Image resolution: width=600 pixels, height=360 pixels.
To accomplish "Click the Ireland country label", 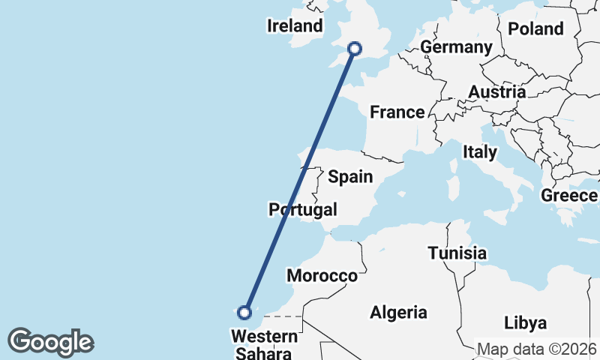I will (x=295, y=26).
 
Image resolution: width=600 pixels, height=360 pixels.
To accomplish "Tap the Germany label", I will (x=456, y=47).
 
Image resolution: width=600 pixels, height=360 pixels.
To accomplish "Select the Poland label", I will (x=535, y=29).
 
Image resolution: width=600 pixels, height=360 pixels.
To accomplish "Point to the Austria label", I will (x=496, y=92).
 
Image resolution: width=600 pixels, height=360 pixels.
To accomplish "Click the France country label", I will (x=397, y=112).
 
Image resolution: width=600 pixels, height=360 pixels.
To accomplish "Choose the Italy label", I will (x=480, y=152).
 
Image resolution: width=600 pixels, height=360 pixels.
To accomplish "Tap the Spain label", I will (x=350, y=177).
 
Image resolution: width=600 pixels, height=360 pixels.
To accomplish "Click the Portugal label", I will (x=303, y=210).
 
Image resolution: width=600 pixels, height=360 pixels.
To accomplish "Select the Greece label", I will (x=570, y=196).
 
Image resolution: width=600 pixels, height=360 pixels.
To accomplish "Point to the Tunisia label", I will (x=457, y=253).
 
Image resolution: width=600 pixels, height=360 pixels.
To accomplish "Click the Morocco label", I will (x=322, y=276).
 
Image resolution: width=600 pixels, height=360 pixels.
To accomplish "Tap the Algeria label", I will (x=399, y=313).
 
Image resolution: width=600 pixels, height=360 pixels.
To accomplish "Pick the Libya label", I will (x=525, y=323).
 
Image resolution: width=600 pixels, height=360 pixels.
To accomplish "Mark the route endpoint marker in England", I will (x=355, y=49).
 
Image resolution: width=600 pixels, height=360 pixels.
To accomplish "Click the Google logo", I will (x=50, y=342).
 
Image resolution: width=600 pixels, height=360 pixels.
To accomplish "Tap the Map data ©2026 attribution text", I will (x=537, y=349).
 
